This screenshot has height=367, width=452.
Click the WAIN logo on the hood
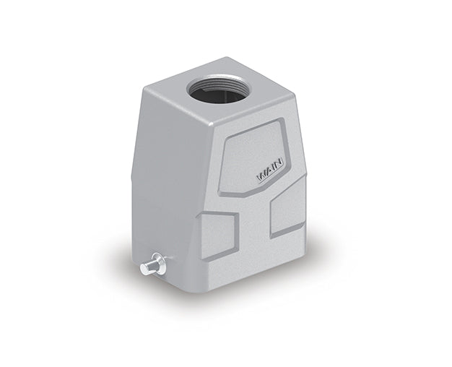coord(268,174)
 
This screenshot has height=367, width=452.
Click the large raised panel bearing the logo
coord(256,155)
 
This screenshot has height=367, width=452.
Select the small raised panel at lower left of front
coord(220,233)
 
